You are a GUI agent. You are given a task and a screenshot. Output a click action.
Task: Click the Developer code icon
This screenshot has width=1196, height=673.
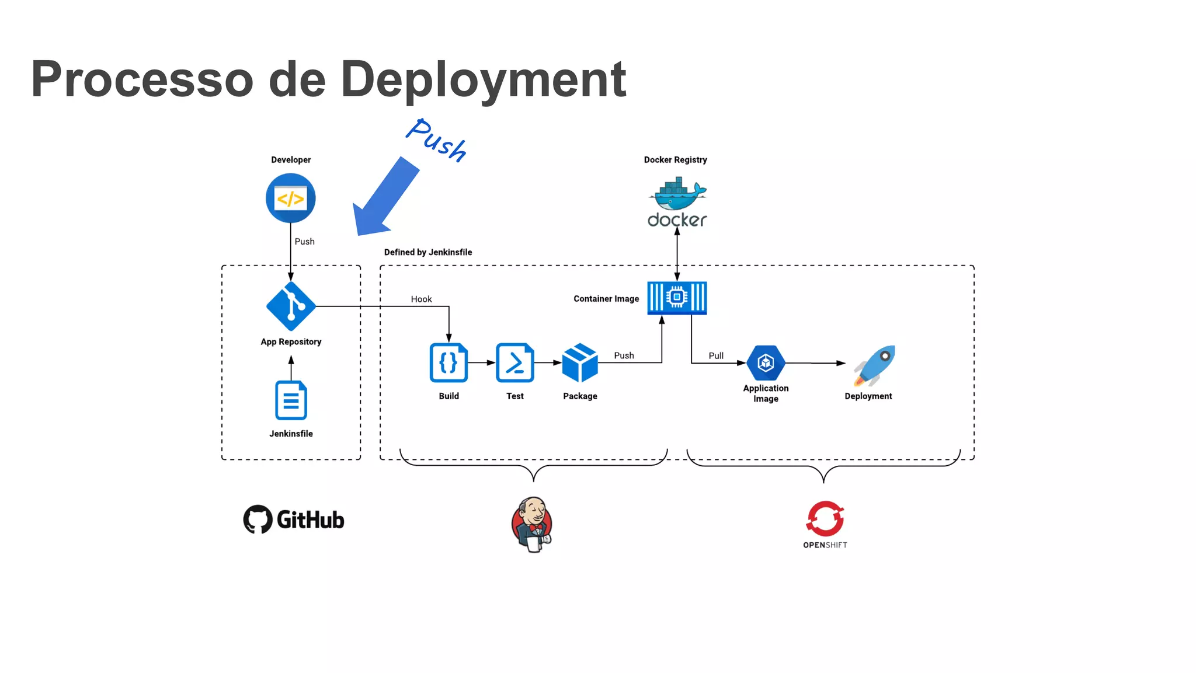click(x=290, y=198)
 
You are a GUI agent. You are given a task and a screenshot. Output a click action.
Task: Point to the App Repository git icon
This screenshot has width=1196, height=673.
click(x=290, y=306)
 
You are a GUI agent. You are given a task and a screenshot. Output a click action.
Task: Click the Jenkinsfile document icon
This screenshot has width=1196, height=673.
click(x=291, y=400)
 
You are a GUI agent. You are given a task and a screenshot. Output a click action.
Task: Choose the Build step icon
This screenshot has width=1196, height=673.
click(x=448, y=363)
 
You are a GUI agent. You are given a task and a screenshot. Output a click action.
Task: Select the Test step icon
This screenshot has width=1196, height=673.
click(x=514, y=363)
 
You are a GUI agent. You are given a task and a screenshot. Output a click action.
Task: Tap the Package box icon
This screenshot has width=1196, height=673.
click(x=580, y=363)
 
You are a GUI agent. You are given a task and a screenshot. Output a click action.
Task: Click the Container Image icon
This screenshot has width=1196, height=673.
click(x=677, y=298)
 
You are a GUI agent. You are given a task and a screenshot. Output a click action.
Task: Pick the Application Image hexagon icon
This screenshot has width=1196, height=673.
click(x=766, y=363)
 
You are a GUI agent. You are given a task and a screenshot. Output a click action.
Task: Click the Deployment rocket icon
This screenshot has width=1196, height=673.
click(x=874, y=365)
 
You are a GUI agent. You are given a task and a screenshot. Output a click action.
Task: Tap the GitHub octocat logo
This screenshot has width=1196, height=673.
click(x=258, y=519)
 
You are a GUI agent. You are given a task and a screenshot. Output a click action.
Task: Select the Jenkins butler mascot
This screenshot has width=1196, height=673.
click(x=532, y=524)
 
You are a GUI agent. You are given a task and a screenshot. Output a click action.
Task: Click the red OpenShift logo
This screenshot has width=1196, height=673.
click(x=825, y=518)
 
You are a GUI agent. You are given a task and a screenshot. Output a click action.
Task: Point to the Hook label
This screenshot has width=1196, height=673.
click(x=421, y=299)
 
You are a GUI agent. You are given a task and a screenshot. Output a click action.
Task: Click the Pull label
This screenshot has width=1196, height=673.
click(x=716, y=355)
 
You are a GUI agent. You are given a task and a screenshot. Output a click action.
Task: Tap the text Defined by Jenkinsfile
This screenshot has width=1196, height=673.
click(x=428, y=252)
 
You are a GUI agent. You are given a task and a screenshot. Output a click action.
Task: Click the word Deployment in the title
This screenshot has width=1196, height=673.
click(x=483, y=80)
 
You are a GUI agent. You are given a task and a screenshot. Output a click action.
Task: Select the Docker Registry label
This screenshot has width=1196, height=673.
click(x=675, y=160)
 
